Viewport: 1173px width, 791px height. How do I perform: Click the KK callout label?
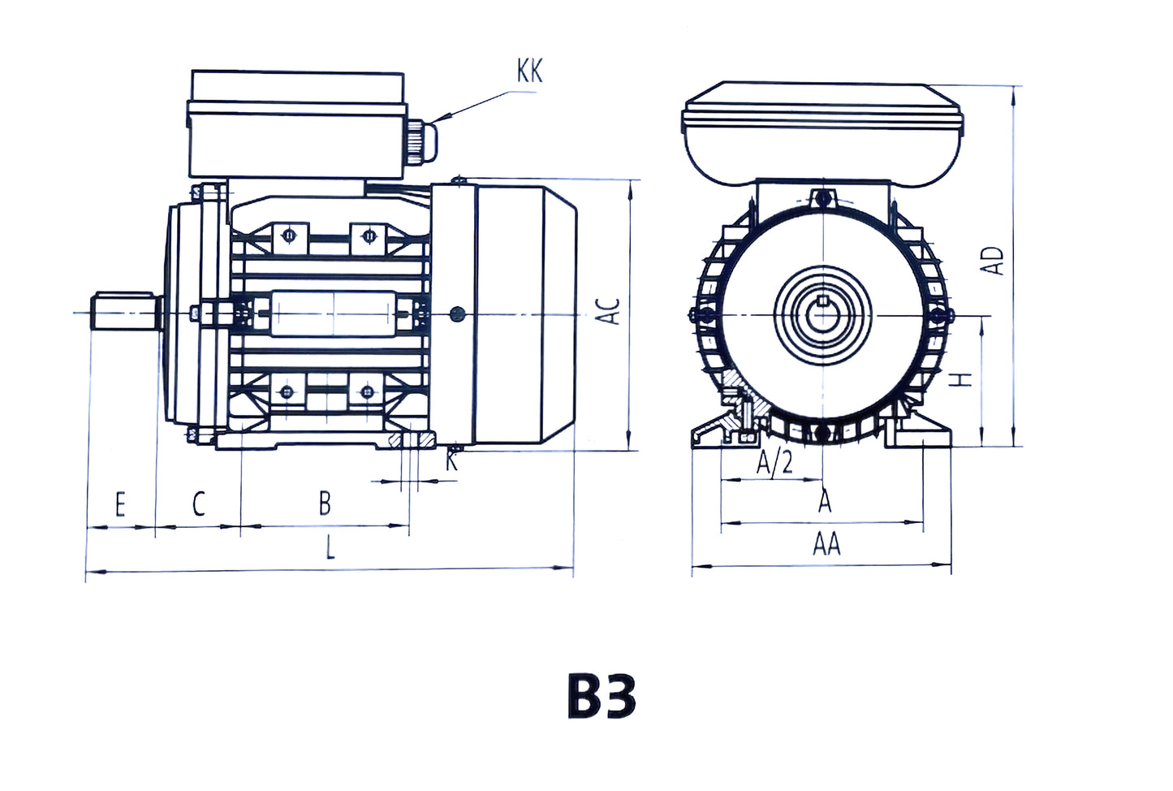tap(530, 71)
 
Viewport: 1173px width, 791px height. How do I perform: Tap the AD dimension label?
tap(994, 261)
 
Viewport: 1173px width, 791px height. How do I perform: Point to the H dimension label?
tap(962, 379)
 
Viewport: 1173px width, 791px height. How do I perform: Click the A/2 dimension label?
tap(774, 463)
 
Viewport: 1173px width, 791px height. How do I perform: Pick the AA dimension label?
tap(826, 544)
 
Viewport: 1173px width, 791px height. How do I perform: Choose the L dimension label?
tap(330, 549)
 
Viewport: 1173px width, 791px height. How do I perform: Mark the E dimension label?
tap(120, 504)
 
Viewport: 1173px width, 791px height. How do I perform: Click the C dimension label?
tap(199, 504)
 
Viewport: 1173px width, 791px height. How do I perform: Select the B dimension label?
tap(325, 504)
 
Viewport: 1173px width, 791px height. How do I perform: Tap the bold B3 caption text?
tap(602, 697)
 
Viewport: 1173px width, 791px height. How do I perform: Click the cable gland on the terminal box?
tap(424, 140)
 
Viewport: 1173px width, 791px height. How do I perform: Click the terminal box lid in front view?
tap(823, 107)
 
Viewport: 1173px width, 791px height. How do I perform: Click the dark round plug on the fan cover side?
tap(458, 312)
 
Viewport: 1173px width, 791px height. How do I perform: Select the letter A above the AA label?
tap(825, 502)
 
